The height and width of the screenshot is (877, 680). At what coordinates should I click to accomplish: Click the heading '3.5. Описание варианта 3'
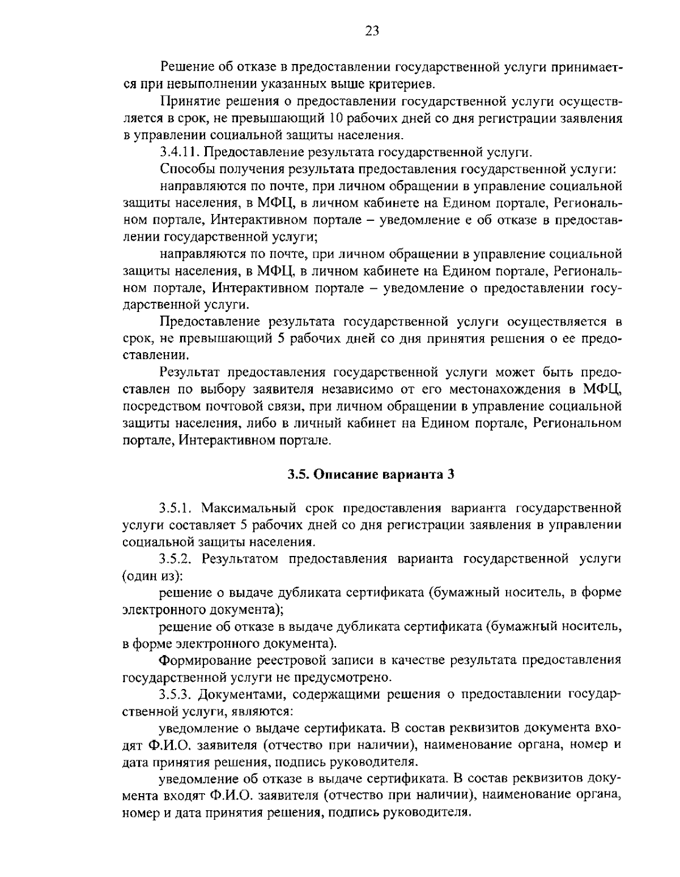tap(371, 474)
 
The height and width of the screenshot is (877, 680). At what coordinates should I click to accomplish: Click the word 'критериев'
tap(403, 84)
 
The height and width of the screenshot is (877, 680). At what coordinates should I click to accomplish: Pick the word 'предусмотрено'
tap(352, 677)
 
